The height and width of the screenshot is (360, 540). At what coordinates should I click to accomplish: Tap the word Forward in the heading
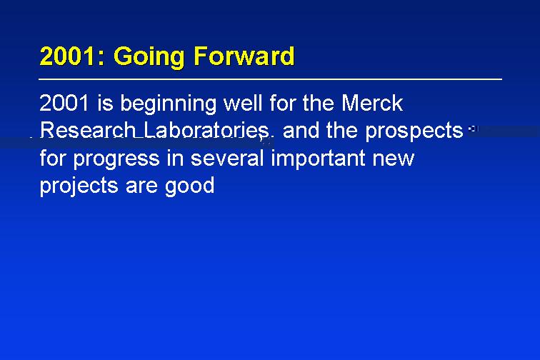pyautogui.click(x=244, y=56)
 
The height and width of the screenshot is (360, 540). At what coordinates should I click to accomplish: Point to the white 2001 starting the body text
pyautogui.click(x=64, y=103)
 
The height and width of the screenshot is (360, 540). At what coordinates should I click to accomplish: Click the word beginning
pyautogui.click(x=168, y=105)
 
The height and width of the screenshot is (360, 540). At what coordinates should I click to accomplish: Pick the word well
pyautogui.click(x=244, y=102)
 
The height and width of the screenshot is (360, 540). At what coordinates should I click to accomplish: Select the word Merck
pyautogui.click(x=372, y=102)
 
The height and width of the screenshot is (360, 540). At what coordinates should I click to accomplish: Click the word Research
pyautogui.click(x=87, y=130)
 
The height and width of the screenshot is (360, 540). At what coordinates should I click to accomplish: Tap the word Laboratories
pyautogui.click(x=206, y=130)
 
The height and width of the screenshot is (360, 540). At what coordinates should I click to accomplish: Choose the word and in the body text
pyautogui.click(x=301, y=130)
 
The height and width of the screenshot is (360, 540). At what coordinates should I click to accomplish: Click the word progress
pyautogui.click(x=116, y=160)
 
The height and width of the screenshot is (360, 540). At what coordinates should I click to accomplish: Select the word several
pyautogui.click(x=227, y=158)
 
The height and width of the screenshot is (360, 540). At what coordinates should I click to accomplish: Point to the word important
pyautogui.click(x=318, y=159)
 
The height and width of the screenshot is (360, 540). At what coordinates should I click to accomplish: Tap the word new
pyautogui.click(x=393, y=159)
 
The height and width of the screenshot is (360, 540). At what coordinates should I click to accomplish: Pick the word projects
pyautogui.click(x=79, y=187)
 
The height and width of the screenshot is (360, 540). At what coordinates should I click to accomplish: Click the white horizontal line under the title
pyautogui.click(x=270, y=79)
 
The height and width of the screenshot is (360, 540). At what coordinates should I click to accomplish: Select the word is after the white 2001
pyautogui.click(x=105, y=103)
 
